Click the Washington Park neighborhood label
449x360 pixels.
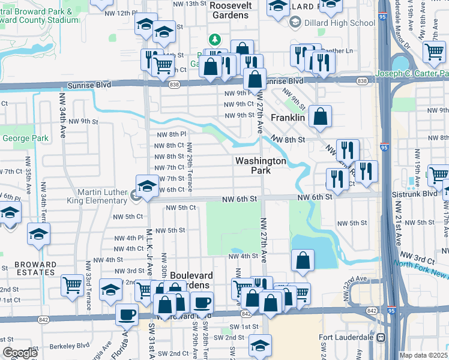pyautogui.click(x=261, y=166)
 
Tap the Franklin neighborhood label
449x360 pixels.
pyautogui.click(x=288, y=118)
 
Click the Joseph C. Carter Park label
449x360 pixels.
pyautogui.click(x=412, y=74)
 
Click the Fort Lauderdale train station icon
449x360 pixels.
pyautogui.click(x=379, y=337)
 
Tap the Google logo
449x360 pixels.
pyautogui.click(x=20, y=353)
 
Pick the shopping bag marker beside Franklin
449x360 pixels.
pyautogui.click(x=321, y=117)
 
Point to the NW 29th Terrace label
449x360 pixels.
pyautogui.click(x=189, y=168)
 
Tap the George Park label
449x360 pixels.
pyautogui.click(x=25, y=138)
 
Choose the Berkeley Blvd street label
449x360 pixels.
pyautogui.click(x=71, y=346)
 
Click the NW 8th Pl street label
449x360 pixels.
pyautogui.click(x=170, y=135)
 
